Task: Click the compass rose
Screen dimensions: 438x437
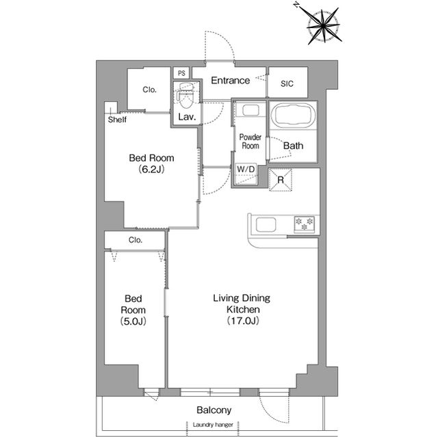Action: pos(324,26)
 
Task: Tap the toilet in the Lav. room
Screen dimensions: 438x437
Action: pos(186,95)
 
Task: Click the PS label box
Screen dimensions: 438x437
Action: pos(181,73)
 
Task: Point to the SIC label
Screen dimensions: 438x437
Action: pos(287,83)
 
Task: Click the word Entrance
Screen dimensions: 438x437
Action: pos(230,81)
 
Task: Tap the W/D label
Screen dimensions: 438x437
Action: pos(246,169)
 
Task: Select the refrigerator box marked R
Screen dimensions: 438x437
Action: pos(280,180)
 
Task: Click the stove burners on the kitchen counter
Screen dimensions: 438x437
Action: pos(304,224)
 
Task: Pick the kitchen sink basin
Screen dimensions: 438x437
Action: pos(266,224)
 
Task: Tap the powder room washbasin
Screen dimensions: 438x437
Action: pos(250,110)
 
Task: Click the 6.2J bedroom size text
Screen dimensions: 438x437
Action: pos(151,170)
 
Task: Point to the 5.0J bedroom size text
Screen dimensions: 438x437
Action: pos(133,321)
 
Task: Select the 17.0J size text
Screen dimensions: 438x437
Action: pos(243,321)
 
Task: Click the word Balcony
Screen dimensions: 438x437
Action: pos(214,410)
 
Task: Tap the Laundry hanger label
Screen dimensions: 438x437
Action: pos(213,425)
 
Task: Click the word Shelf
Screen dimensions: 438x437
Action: pos(117,120)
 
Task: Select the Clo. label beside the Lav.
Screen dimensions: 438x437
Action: pos(149,90)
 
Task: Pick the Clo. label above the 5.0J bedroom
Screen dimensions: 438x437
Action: pos(136,240)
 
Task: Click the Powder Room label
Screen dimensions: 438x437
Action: pos(250,142)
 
